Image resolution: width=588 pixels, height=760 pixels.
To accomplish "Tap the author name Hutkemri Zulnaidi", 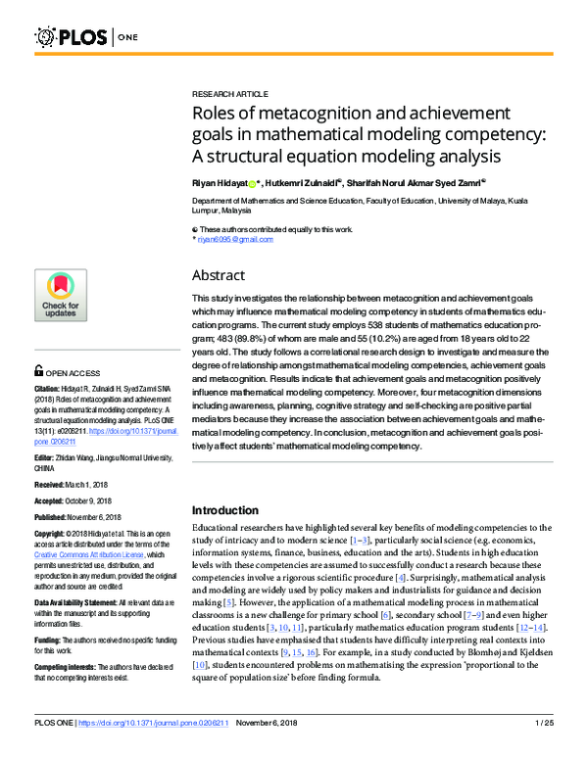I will [x=302, y=182].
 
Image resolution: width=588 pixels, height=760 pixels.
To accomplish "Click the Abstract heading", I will [x=218, y=275].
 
